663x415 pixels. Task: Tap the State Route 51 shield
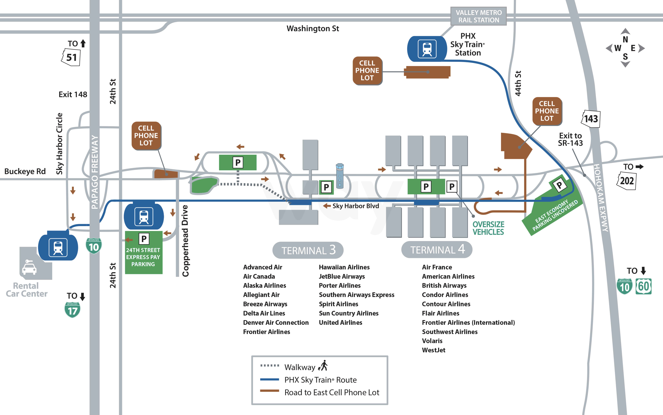[x=71, y=57]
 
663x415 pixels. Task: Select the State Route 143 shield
[x=591, y=119]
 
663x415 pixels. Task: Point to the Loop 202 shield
[x=627, y=181]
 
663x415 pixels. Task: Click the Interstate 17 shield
[x=72, y=310]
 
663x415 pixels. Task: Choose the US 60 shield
[x=643, y=287]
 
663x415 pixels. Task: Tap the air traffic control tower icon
[x=340, y=176]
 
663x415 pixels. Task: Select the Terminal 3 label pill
[x=308, y=250]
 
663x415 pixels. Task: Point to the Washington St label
[x=313, y=29]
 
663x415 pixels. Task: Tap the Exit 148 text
[x=73, y=94]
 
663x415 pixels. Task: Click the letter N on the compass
[x=625, y=40]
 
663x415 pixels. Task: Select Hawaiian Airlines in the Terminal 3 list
[x=344, y=267]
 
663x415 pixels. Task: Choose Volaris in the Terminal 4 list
[x=432, y=341]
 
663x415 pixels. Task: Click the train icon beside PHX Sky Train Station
[x=427, y=49]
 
